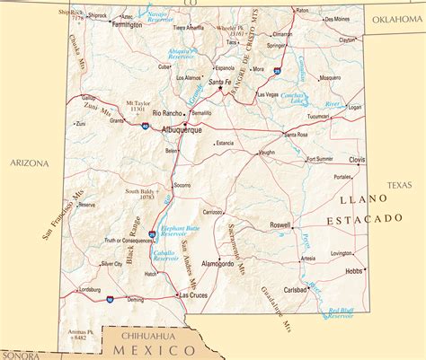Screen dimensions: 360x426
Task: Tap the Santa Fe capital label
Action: [x=221, y=83]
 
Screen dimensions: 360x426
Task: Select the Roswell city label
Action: [x=280, y=224]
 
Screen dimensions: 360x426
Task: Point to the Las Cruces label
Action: [x=193, y=294]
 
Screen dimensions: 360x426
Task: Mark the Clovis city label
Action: [x=357, y=160]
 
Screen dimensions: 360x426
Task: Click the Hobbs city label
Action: [x=354, y=270]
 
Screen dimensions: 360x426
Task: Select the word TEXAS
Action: [x=398, y=185]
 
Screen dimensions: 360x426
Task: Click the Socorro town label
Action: [x=182, y=185]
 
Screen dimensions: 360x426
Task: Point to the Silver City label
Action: [x=111, y=264]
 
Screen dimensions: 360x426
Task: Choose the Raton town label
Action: [x=302, y=10]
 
